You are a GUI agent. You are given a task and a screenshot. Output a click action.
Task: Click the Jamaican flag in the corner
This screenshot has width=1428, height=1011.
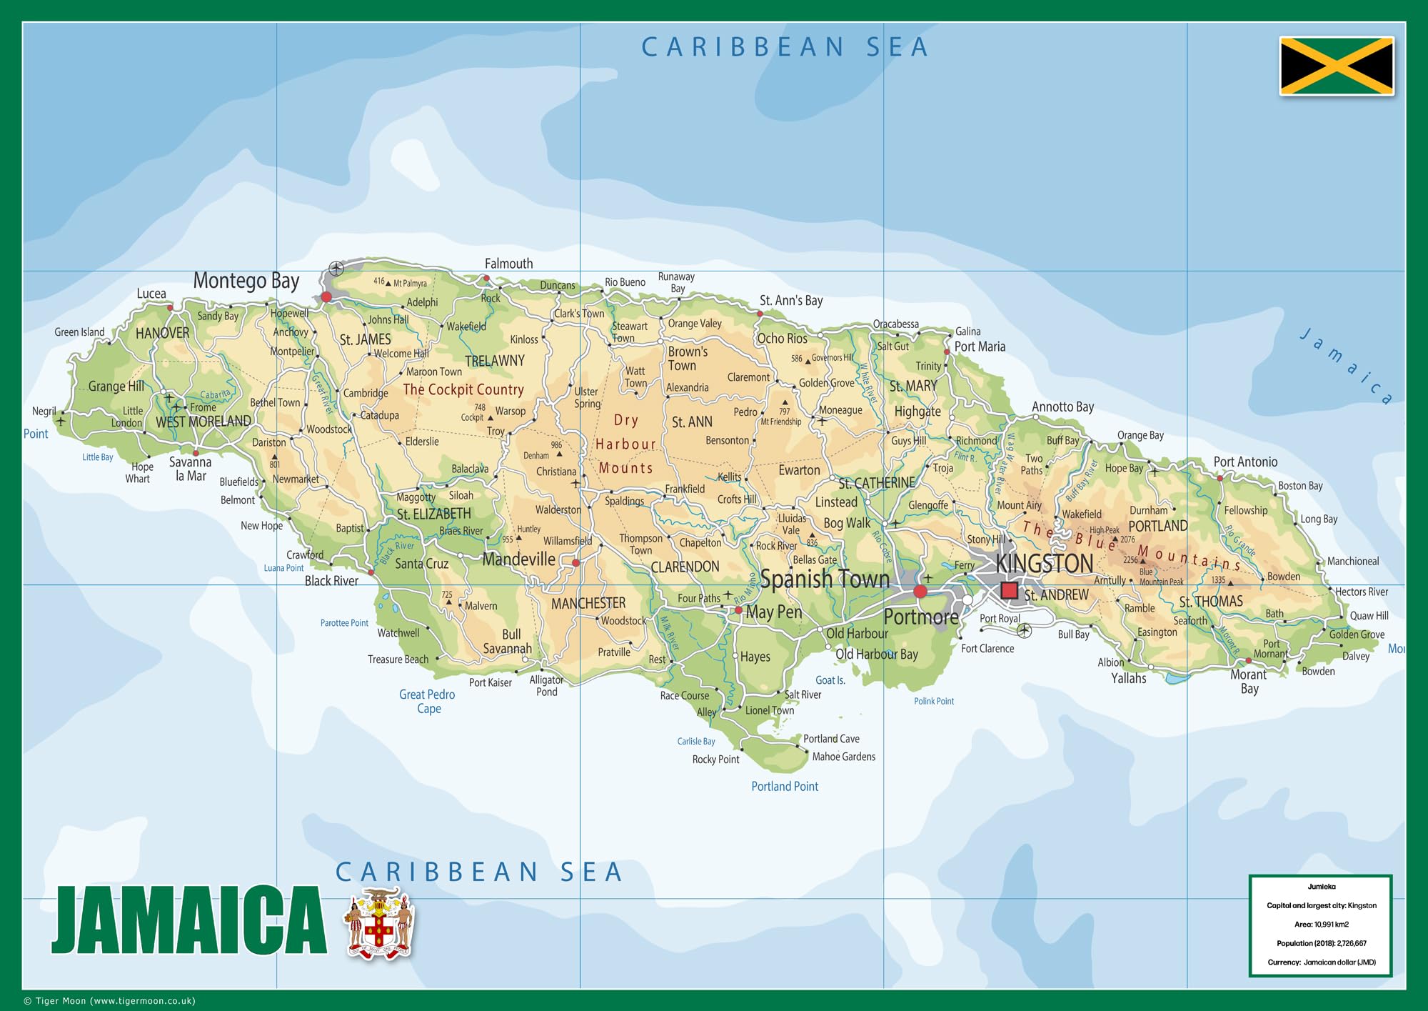(x=1337, y=66)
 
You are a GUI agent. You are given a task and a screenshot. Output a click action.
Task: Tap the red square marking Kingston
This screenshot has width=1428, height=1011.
(x=1009, y=590)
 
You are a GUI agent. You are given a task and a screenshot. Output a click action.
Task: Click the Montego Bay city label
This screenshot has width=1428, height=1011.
(x=246, y=281)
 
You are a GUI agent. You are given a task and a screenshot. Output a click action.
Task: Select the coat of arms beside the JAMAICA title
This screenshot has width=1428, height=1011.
(x=379, y=924)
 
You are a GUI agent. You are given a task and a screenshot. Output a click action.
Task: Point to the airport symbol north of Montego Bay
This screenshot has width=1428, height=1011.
(x=336, y=269)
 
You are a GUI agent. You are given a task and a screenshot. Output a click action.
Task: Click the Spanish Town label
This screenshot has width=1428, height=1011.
(x=825, y=579)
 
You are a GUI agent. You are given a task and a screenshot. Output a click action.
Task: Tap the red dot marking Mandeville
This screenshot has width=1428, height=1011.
(x=575, y=563)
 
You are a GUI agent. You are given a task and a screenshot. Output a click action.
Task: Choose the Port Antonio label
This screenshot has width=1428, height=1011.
(x=1245, y=462)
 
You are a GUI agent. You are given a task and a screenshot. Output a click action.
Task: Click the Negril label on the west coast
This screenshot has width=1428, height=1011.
(x=44, y=411)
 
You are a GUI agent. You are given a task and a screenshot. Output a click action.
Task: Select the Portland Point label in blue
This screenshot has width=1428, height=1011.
(x=785, y=786)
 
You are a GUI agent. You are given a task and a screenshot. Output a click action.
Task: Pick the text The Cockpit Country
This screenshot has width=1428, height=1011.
(x=463, y=389)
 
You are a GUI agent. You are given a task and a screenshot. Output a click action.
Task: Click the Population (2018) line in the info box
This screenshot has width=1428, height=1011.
(x=1321, y=943)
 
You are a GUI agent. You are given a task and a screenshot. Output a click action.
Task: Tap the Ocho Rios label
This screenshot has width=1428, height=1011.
(x=782, y=339)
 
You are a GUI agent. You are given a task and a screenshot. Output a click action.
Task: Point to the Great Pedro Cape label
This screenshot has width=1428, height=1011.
(x=427, y=701)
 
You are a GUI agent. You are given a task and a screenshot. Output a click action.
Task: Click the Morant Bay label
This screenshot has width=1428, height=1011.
(x=1248, y=681)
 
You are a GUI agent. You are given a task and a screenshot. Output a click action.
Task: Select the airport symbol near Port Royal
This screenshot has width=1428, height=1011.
(x=1024, y=630)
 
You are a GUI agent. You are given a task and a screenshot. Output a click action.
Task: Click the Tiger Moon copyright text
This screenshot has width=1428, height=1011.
(x=110, y=1001)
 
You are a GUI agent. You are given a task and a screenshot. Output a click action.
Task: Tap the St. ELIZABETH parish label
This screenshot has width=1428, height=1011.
(x=433, y=514)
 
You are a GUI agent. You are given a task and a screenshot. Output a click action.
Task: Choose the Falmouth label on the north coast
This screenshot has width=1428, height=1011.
(x=508, y=264)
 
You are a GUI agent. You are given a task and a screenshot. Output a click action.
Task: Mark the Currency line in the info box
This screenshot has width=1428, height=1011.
(x=1321, y=962)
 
